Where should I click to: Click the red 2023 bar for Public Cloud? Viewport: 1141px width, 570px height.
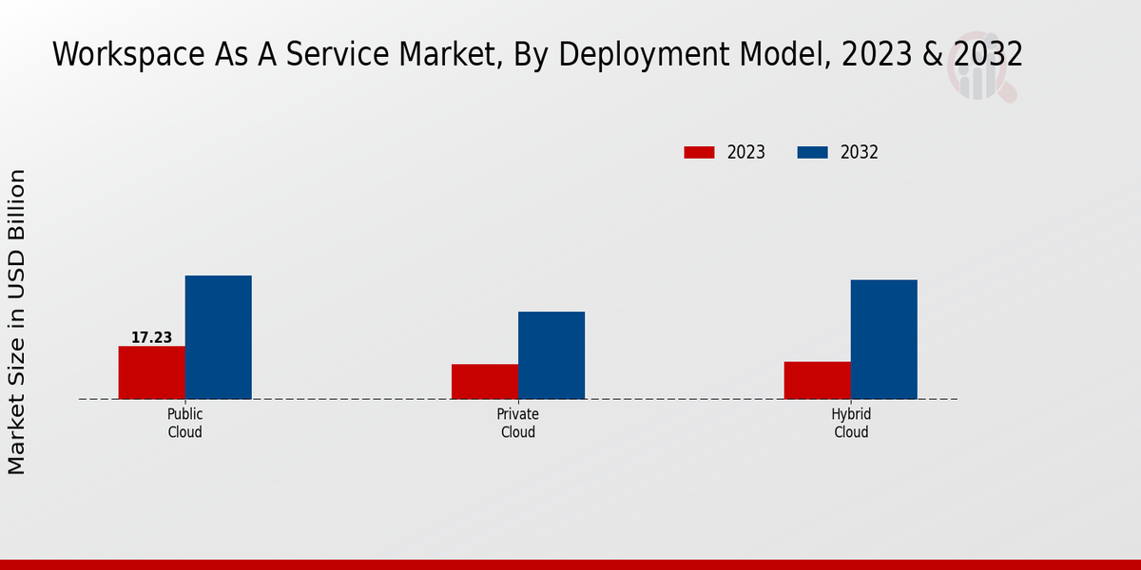coord(151,372)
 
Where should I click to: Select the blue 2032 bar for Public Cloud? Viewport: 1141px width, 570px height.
coord(218,337)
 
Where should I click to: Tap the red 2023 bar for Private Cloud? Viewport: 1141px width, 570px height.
coord(485,381)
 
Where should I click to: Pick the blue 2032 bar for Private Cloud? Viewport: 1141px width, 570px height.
coord(551,355)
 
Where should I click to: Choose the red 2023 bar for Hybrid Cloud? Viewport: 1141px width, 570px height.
coord(817,380)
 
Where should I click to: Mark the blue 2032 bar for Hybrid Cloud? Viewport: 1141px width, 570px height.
coord(883,339)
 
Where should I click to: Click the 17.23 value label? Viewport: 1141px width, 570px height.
coord(151,337)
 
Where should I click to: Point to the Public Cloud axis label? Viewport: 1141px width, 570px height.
coord(184,423)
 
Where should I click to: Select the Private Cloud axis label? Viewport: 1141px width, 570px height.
coord(517,423)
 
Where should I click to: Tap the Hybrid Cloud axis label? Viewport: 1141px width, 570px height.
coord(851,423)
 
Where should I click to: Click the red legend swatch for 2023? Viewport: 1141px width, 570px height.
coord(699,152)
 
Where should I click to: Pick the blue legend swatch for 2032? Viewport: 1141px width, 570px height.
coord(812,152)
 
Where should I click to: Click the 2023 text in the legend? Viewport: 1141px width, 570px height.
coord(746,152)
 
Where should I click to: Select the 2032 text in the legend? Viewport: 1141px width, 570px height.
coord(860,152)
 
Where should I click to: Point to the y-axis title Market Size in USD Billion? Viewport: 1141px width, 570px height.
coord(17,321)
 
